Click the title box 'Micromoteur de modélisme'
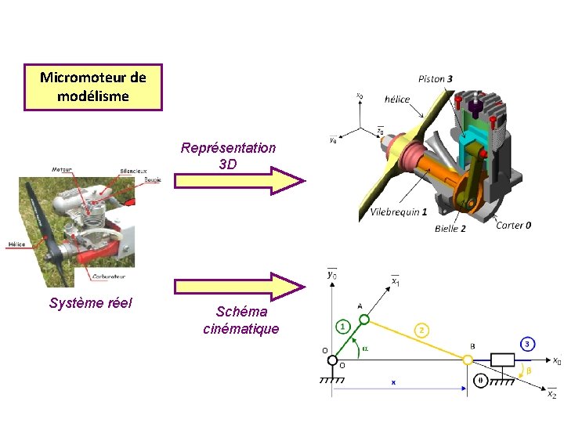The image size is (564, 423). coord(93,87)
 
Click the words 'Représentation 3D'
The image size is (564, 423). coord(228,156)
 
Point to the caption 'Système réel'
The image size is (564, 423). coord(90,303)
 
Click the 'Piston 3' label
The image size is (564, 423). coord(436,79)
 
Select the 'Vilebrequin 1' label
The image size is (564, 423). coord(398,212)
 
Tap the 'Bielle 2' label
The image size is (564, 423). coord(450,229)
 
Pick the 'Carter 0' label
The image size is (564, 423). coord(514,226)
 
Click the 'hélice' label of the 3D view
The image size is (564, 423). coord(396,99)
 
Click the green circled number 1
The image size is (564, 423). coord(343,325)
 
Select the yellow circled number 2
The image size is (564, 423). coord(423,331)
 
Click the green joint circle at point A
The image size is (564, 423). coord(364,319)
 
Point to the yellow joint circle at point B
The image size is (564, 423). coord(468,360)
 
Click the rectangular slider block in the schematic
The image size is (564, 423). coord(501,360)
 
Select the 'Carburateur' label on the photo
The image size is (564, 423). coord(113,276)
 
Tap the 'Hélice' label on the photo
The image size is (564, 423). coord(16,244)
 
